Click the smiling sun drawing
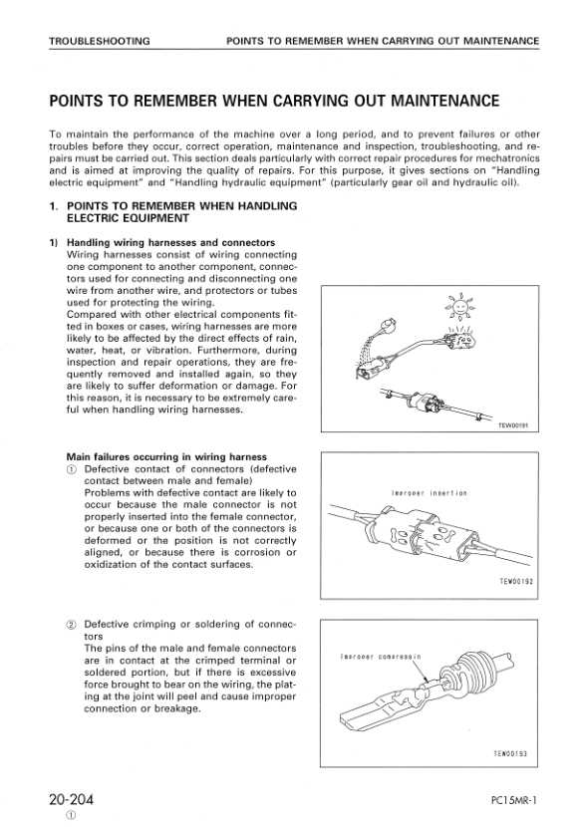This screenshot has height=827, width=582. pos(460,306)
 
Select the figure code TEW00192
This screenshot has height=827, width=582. pos(516,581)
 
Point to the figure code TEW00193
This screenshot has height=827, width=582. pos(510,753)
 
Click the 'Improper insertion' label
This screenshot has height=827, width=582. pos(429,493)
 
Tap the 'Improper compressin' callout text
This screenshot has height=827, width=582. pos(381,657)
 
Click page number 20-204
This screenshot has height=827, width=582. pos(71,799)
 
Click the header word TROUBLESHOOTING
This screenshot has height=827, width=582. pos(100,41)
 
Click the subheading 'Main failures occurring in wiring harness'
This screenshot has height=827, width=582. pos(166,456)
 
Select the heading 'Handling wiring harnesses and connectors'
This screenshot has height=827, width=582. pos(171,242)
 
